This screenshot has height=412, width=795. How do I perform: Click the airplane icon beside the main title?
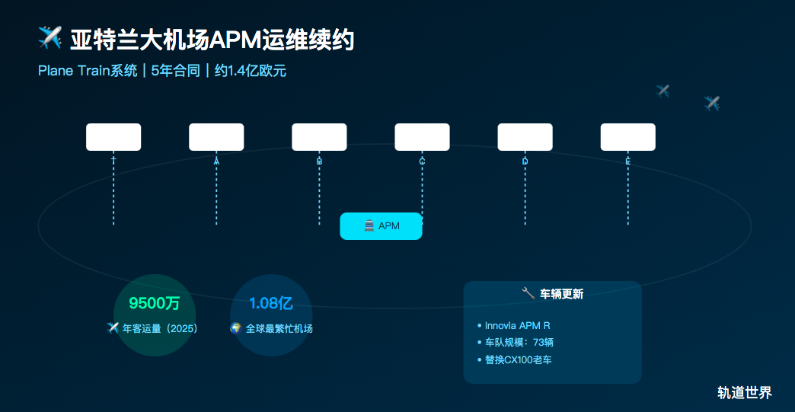point(49,37)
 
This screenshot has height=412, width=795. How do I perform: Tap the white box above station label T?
point(113,137)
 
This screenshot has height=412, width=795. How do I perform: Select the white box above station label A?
point(216,137)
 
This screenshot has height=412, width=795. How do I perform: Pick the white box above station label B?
point(319,137)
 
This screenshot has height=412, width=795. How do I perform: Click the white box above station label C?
point(422,137)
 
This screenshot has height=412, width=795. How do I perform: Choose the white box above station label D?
point(525,137)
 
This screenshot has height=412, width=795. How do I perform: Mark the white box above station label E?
point(627,137)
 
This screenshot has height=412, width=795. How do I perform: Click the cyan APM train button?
point(381,226)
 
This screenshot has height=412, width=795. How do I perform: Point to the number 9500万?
point(155,304)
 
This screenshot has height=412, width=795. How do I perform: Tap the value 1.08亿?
point(271,304)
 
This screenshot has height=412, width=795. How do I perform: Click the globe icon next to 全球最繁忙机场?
point(236,328)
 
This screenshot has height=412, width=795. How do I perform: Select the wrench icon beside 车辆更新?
point(528,293)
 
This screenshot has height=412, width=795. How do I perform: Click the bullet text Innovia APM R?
point(517,326)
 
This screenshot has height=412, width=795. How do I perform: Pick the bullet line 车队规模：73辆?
point(519,343)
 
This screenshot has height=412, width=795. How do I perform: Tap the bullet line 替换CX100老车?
point(518,359)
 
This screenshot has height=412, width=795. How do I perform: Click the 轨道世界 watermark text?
point(744,393)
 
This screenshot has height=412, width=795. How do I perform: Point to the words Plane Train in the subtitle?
point(73,71)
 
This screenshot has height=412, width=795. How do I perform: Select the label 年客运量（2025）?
point(160,328)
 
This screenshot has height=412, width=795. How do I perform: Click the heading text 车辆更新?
point(561,293)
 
